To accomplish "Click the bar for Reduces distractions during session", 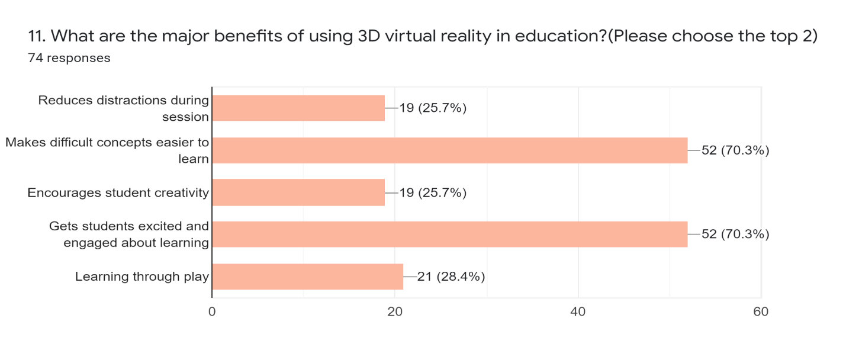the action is (x=298, y=108).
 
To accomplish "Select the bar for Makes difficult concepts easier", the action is (x=450, y=150).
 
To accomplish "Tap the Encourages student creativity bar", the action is (x=298, y=192).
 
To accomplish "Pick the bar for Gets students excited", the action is (x=450, y=234).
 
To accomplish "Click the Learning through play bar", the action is (x=308, y=277).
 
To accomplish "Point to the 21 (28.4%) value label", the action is (x=451, y=277).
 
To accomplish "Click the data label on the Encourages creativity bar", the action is (x=433, y=192).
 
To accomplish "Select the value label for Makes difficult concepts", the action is (x=735, y=150).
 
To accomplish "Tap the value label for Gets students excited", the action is (x=735, y=234).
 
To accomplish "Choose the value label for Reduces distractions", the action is (x=433, y=108).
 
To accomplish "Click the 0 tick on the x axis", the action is (x=212, y=311).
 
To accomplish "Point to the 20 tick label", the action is (x=395, y=311).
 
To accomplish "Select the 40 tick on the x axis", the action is (x=578, y=311).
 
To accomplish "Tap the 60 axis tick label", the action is (x=761, y=311).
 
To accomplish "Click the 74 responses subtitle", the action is (x=69, y=58).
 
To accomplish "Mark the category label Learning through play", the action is (x=142, y=277).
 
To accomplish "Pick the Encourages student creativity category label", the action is (x=118, y=192).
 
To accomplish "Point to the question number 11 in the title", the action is (x=37, y=36).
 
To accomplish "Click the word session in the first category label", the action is (x=185, y=117).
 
